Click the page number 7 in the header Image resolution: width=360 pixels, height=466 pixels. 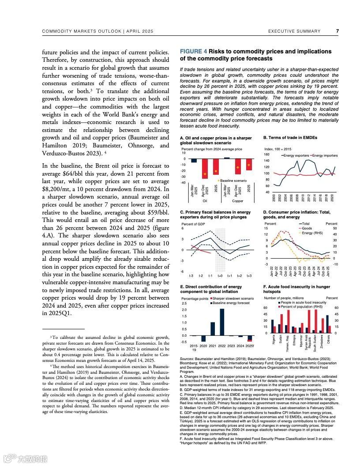337,31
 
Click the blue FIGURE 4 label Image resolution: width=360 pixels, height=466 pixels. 194,52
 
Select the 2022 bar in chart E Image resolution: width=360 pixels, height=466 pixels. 222,322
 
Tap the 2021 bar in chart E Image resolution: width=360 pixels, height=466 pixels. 212,329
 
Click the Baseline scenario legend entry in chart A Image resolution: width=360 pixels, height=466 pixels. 232,181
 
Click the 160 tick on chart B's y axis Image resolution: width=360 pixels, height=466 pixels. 266,155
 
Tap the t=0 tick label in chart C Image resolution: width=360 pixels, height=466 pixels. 220,276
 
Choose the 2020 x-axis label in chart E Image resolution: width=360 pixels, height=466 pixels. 203,346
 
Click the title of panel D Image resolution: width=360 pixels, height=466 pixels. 296,214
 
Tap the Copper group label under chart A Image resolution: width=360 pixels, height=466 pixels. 238,201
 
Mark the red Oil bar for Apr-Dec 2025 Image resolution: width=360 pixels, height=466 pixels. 205,169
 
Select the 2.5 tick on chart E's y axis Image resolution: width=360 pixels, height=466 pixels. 184,304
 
